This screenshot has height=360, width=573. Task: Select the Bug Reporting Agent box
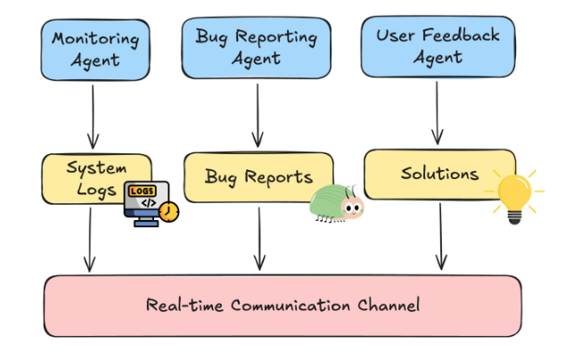[257, 47]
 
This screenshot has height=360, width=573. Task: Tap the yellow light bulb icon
[514, 194]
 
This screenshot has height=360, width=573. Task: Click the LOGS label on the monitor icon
[141, 191]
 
